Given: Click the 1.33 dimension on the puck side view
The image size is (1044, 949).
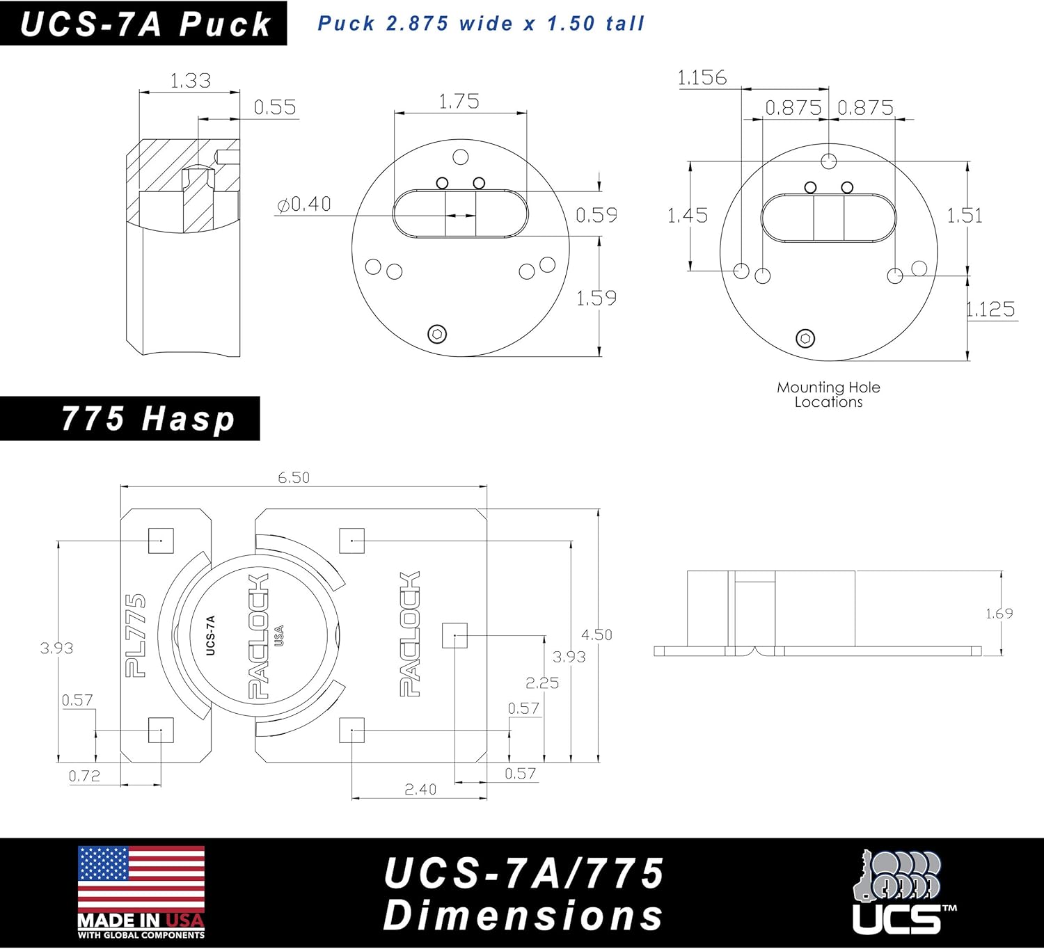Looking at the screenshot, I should (190, 81).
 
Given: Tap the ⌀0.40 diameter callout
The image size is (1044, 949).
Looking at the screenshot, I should (304, 204).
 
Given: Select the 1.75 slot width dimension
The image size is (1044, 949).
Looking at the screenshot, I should (459, 102).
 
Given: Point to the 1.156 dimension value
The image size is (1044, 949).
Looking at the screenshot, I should (702, 77).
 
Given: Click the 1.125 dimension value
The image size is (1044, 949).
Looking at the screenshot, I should (990, 309).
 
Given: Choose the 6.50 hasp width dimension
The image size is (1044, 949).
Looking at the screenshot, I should (294, 477).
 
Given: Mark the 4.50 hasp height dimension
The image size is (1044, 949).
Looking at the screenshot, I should (596, 635).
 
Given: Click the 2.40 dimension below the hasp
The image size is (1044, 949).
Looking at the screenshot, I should (420, 789).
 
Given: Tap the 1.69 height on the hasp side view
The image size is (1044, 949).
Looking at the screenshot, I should (999, 613).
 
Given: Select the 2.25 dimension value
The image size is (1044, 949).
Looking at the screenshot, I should (541, 683).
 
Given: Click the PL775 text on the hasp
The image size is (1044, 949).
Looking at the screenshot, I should (136, 635).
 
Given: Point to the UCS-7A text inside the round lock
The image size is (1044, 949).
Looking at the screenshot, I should (211, 635).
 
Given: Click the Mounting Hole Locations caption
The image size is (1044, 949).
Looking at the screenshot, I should (828, 394).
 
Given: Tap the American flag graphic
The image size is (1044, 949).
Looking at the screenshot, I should (141, 879).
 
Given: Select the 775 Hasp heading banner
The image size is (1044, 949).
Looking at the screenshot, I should (130, 419).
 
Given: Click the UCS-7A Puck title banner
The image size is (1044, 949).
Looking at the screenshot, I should (143, 24).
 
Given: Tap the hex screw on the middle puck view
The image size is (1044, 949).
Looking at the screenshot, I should (437, 334).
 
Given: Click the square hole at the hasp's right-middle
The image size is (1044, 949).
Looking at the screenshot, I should (454, 635).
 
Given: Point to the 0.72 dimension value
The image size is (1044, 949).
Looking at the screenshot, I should (84, 776).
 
